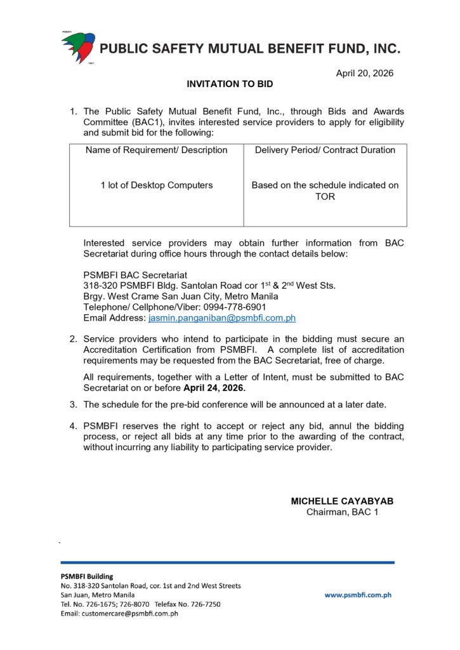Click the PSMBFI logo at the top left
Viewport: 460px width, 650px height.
coord(77,47)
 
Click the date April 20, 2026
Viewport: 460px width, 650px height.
coord(364,73)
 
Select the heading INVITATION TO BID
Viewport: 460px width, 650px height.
coord(230,84)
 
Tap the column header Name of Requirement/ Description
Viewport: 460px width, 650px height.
coord(157,150)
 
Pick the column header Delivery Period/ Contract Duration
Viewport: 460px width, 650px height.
coord(325,150)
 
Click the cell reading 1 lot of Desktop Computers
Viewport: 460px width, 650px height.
coord(157,185)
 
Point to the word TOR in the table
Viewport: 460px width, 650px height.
coord(325,197)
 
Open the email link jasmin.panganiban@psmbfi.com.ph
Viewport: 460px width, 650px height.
coord(221,318)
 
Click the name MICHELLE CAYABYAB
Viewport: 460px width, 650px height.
coord(342,501)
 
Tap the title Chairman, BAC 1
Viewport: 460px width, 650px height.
coord(342,512)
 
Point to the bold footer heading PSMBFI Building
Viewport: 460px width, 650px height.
coord(86,576)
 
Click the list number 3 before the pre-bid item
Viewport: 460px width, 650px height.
coord(74,404)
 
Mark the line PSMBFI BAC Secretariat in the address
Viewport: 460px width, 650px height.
coord(135,275)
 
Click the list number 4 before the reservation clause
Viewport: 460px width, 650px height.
coord(74,426)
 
